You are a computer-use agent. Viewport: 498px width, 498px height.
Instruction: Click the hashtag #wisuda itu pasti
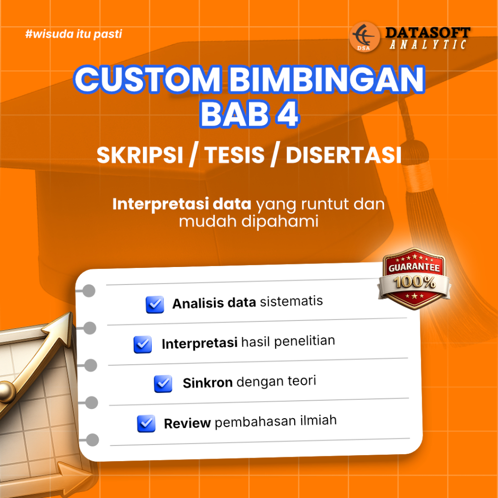tap(72, 35)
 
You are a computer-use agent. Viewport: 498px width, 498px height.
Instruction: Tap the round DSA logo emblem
tap(365, 36)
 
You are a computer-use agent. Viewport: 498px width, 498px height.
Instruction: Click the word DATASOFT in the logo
tap(427, 33)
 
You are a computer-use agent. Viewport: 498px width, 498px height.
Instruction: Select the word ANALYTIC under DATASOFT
tap(428, 45)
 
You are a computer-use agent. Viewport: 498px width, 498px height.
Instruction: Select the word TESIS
tap(236, 155)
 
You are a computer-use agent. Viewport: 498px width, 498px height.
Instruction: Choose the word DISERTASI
tap(343, 155)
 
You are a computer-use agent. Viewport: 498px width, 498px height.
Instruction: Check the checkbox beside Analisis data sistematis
tap(155, 305)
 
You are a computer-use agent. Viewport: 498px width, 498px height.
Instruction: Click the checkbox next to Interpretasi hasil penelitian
tap(142, 344)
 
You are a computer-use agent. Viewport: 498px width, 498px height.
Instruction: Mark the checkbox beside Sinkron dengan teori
tap(163, 384)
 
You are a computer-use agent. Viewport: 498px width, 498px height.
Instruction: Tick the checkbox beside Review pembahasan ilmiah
tap(146, 424)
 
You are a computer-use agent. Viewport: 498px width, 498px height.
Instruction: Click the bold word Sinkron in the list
tap(208, 383)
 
